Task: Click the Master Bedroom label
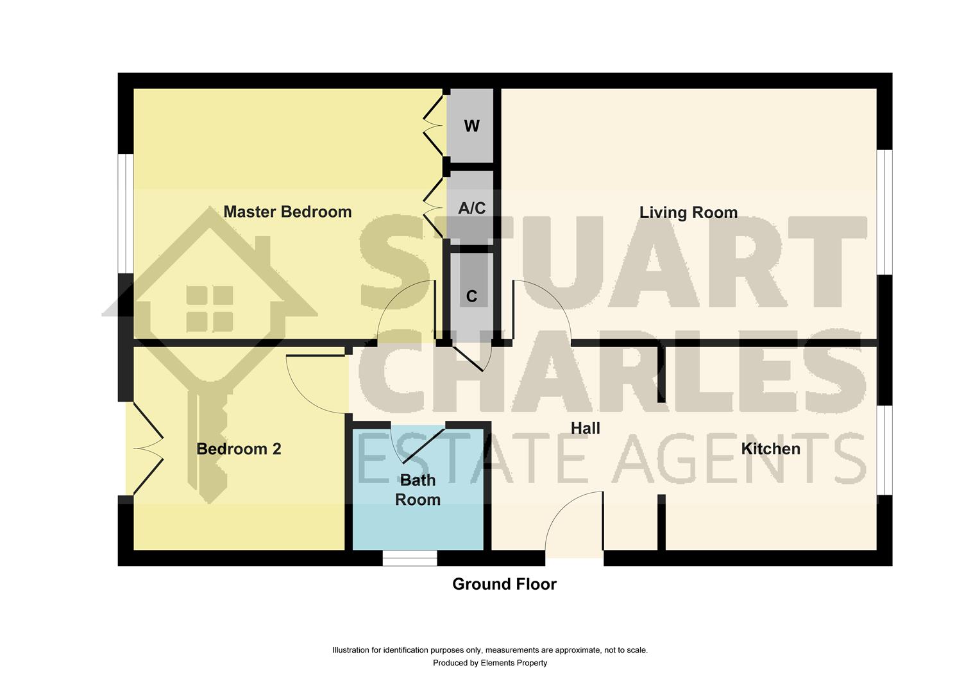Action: click(x=287, y=212)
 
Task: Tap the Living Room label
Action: click(x=688, y=212)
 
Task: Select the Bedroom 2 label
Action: click(x=239, y=449)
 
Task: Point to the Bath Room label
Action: click(x=418, y=490)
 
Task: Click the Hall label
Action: click(x=585, y=428)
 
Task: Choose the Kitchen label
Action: click(x=770, y=449)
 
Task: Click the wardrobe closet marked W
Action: click(x=471, y=126)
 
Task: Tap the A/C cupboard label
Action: click(x=471, y=208)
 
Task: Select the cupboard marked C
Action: click(x=471, y=296)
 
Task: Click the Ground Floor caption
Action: click(x=504, y=584)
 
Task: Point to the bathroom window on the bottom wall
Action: click(x=410, y=558)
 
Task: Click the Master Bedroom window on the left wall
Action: click(x=126, y=213)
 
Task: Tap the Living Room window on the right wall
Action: click(x=884, y=212)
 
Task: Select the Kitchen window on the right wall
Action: click(x=884, y=450)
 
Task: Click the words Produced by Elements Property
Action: click(x=490, y=663)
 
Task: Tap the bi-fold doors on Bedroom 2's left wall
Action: click(x=148, y=449)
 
